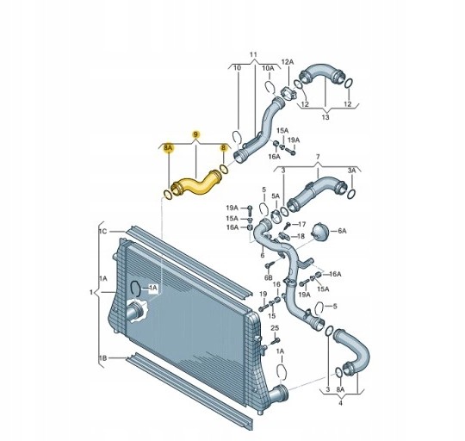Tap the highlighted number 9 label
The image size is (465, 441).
pos(195,134)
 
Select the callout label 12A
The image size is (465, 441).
pos(287,62)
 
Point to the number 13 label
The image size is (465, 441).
pos(325,117)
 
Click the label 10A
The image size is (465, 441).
pos(268,68)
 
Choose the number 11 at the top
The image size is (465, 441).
pos(253,54)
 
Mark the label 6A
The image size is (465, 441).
pos(342,231)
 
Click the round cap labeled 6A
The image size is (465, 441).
pos(320,231)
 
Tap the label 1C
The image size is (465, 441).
pos(102,231)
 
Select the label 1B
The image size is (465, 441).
pos(102,358)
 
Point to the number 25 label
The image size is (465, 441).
pos(275,328)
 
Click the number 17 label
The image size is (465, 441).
pos(301,224)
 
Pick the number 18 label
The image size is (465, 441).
pos(301,236)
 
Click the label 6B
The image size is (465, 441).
pos(268,277)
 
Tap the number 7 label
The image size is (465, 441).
pos(318,157)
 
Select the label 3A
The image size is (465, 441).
pos(351,171)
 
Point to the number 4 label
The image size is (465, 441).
pos(340,403)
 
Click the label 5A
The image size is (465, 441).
pos(276,196)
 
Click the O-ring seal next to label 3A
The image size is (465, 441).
pos(351,195)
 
